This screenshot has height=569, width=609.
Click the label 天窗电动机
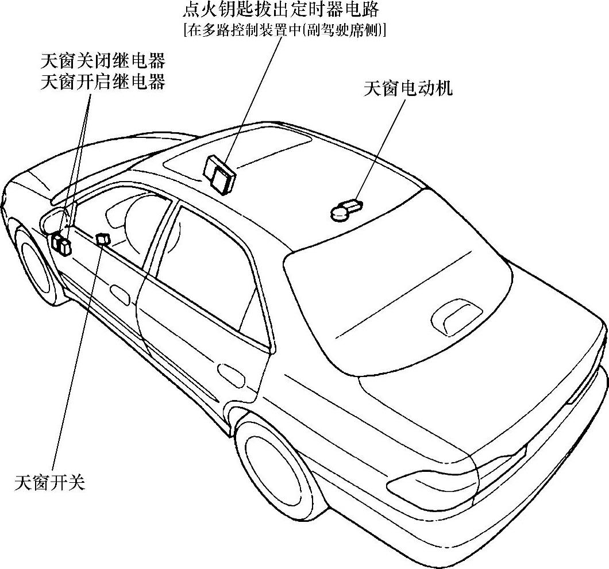408,89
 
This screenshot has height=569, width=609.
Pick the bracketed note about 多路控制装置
284,30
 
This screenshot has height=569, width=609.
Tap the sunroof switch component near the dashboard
103,239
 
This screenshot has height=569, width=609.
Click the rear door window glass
207,270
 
